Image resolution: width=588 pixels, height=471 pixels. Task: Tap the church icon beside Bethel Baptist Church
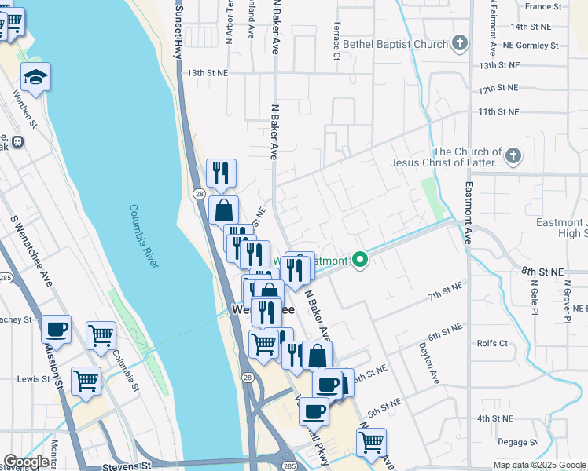[461, 44]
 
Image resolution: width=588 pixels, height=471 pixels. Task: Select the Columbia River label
[143, 235]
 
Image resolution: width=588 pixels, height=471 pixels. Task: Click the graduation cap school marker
[35, 77]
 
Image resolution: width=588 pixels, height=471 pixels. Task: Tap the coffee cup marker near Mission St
[56, 330]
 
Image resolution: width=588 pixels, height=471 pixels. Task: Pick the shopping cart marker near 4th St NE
[370, 441]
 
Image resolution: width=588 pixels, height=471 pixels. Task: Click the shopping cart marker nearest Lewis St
[86, 382]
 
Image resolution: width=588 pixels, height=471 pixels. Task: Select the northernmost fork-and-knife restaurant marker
[221, 173]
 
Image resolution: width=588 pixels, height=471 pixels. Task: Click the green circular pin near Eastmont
[361, 259]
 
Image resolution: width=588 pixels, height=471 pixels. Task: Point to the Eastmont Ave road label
[469, 213]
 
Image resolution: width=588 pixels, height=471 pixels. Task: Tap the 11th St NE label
[498, 112]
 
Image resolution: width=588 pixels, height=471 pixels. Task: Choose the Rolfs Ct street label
[493, 343]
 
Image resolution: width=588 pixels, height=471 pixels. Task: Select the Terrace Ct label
[336, 41]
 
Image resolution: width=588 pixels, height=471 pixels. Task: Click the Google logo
[26, 462]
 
